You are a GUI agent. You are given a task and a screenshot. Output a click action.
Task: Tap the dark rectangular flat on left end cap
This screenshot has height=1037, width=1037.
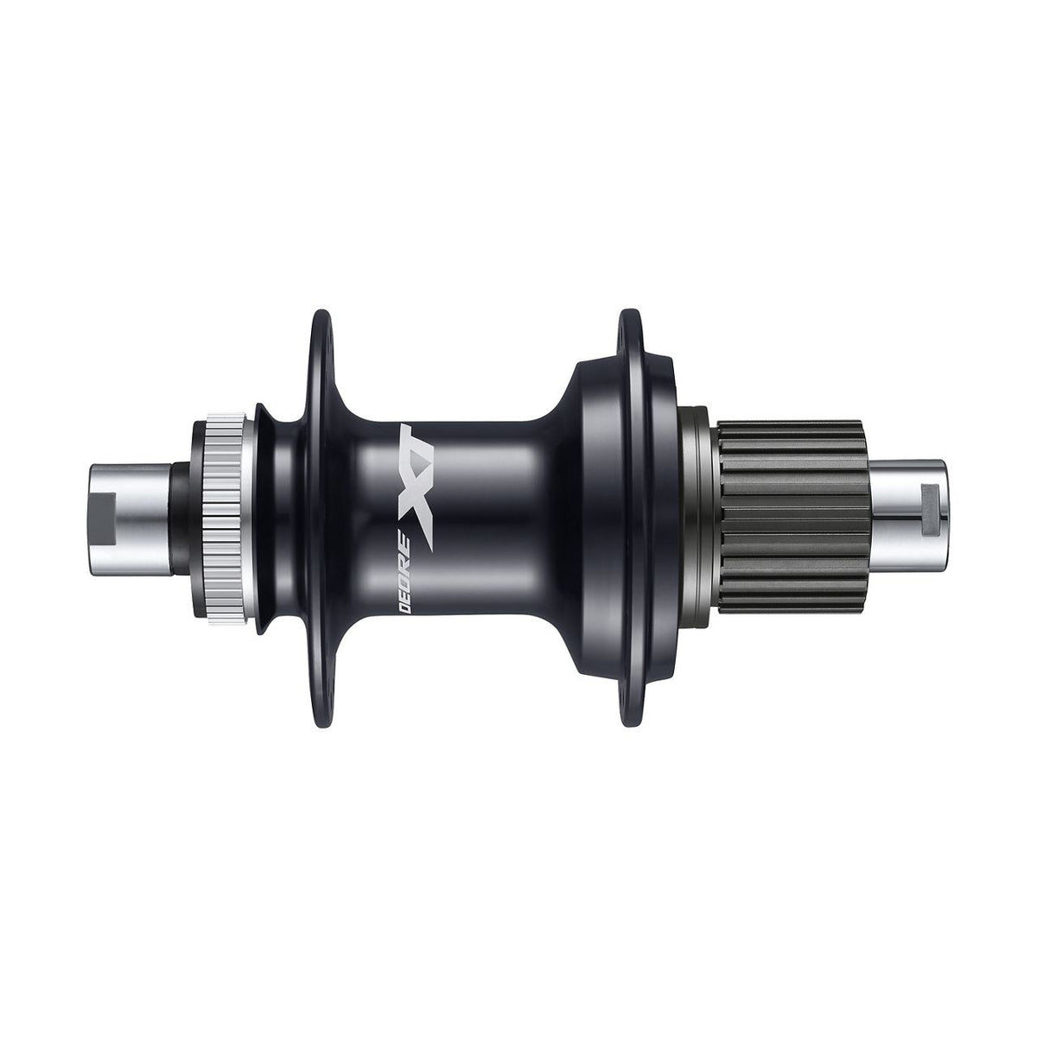(x=104, y=518)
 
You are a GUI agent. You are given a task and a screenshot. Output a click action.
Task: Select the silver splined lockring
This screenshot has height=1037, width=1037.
(x=226, y=518)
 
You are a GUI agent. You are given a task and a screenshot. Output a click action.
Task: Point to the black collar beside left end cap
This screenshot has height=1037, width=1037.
(x=180, y=518)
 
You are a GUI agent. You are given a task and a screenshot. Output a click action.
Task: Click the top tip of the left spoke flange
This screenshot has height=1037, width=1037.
(x=321, y=310)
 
